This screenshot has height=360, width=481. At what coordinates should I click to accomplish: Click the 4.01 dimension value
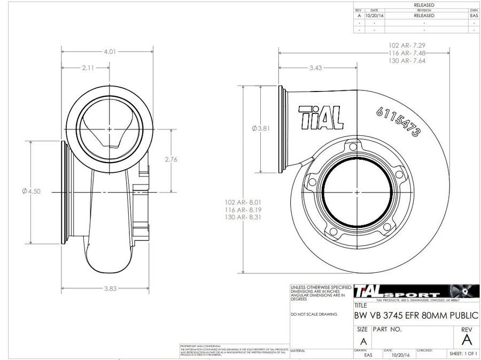pyautogui.click(x=110, y=52)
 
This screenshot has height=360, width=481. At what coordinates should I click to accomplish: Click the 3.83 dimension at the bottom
pyautogui.click(x=110, y=289)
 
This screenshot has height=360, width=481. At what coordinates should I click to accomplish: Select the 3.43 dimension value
pyautogui.click(x=316, y=68)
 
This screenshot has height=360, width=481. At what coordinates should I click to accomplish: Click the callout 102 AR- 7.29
pyautogui.click(x=407, y=46)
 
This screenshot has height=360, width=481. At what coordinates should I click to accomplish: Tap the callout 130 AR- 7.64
pyautogui.click(x=407, y=61)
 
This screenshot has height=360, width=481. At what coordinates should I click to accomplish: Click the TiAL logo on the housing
pyautogui.click(x=320, y=117)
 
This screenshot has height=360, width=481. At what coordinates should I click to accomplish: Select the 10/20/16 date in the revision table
pyautogui.click(x=374, y=16)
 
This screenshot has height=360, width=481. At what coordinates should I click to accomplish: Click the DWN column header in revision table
pyautogui.click(x=474, y=10)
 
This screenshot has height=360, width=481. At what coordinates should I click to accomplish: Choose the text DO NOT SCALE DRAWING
pyautogui.click(x=314, y=315)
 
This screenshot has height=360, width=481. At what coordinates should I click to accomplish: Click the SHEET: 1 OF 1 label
pyautogui.click(x=463, y=354)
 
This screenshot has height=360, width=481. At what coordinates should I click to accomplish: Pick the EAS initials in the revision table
pyautogui.click(x=474, y=16)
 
